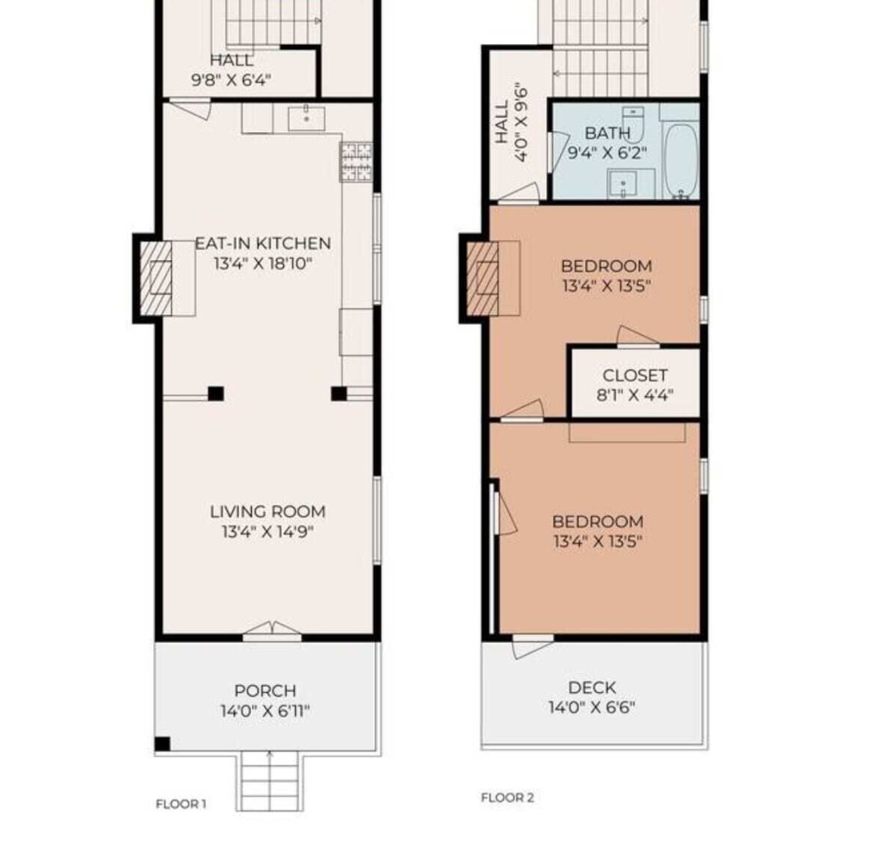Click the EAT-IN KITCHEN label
[263, 244]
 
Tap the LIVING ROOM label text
[267, 512]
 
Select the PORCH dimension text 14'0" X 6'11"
[265, 711]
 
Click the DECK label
[592, 688]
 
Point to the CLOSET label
[635, 376]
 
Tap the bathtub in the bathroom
[681, 161]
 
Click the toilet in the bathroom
[633, 124]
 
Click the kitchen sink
[306, 118]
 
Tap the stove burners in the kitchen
[357, 162]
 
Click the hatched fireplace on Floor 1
[156, 278]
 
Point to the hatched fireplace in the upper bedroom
[482, 278]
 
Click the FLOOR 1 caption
[181, 804]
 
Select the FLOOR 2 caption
[507, 798]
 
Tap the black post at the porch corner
[162, 744]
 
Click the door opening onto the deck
[532, 646]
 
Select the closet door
[638, 338]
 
